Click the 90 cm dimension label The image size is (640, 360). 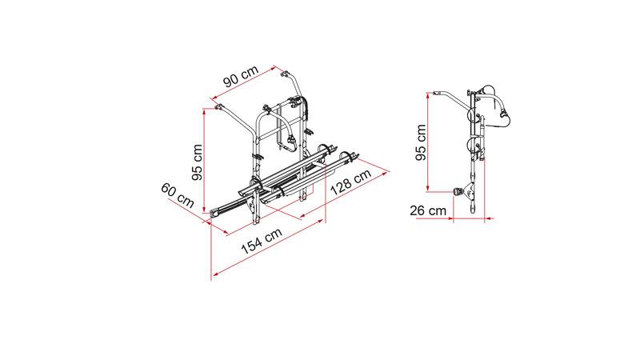pos(242,76)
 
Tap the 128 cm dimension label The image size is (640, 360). pos(350,182)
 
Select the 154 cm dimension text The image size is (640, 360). pos(262,241)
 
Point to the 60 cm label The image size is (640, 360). pos(177,195)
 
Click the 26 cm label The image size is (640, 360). pos(428,210)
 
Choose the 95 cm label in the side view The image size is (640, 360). pos(422,142)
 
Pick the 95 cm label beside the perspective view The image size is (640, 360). pos(197,162)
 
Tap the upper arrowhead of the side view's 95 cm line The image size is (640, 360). pos(428,96)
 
